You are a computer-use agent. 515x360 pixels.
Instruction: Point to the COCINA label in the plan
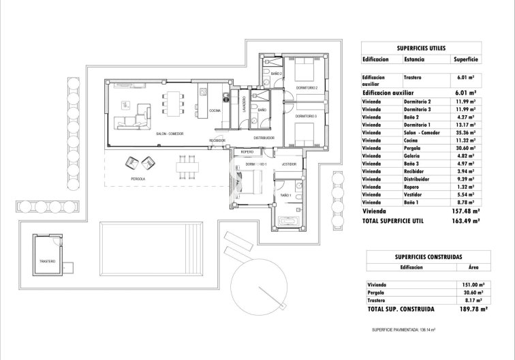215,110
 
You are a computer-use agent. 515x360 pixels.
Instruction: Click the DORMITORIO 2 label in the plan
306,88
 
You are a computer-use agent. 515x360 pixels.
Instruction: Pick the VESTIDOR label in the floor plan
289,164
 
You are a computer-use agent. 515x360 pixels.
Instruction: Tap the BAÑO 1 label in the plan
285,196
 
